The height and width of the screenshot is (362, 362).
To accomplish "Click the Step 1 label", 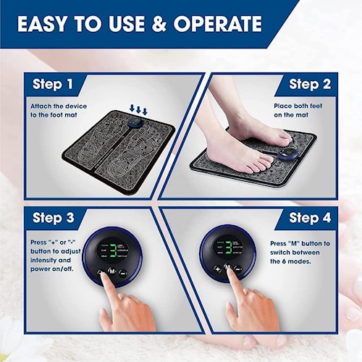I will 53,85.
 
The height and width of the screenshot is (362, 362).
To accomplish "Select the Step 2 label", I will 310,85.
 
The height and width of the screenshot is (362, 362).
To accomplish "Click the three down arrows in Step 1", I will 138,109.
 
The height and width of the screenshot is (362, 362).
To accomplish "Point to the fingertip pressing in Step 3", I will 109,278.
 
